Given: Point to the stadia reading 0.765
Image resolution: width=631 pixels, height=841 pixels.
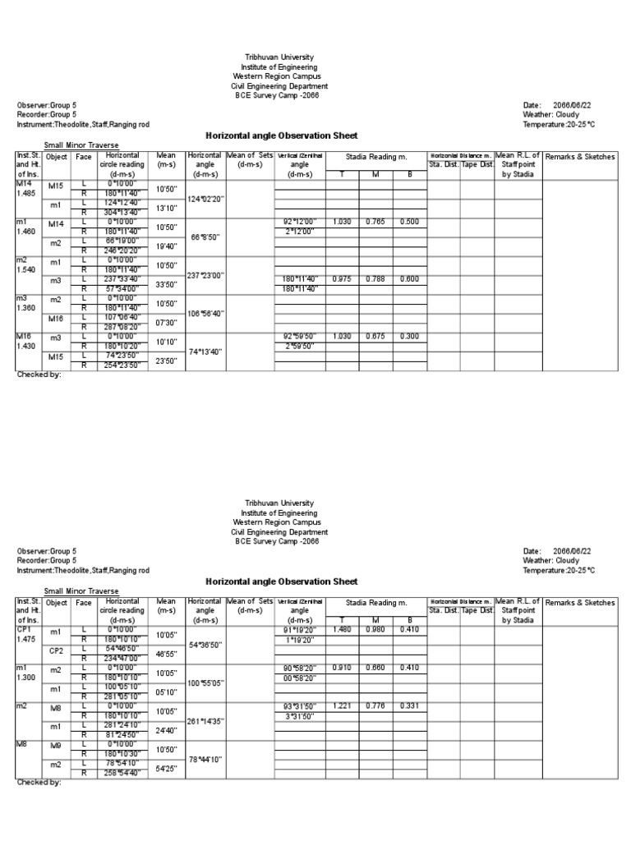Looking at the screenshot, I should [377, 222].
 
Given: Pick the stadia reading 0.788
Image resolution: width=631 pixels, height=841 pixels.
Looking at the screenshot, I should [377, 279].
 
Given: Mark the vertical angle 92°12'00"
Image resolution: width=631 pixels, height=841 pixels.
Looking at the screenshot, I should [298, 222].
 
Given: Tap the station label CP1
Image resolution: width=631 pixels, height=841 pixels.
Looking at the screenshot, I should [24, 630].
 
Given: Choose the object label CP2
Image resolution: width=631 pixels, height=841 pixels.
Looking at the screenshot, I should [56, 650].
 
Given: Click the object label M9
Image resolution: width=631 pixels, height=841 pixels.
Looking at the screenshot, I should [56, 746].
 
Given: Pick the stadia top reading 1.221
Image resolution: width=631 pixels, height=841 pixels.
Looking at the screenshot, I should [342, 706].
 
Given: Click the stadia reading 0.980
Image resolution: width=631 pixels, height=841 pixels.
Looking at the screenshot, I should [377, 630].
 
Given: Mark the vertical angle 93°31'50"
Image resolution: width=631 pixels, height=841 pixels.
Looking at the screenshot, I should [298, 706].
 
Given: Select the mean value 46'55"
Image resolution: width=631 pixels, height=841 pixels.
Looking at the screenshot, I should [167, 655].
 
